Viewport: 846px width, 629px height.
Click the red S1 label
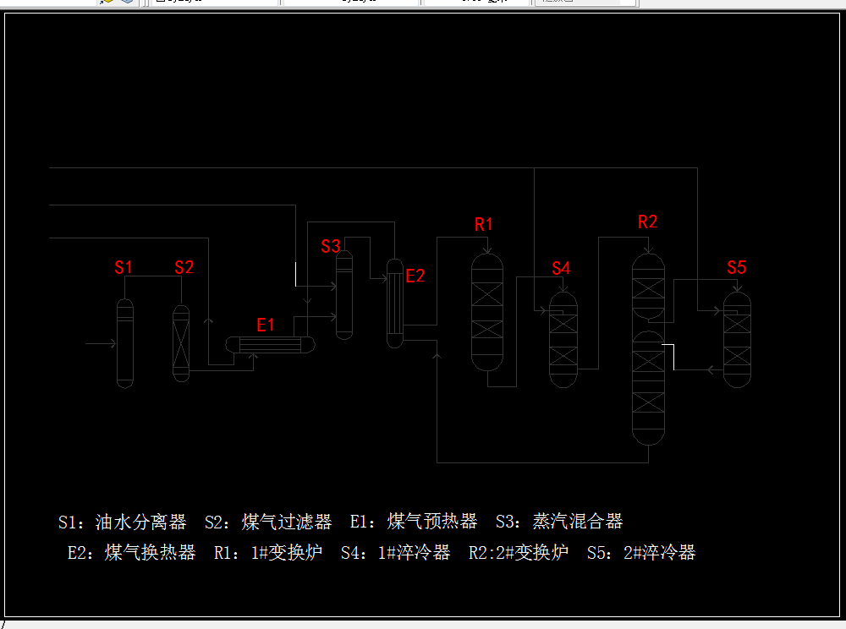(x=124, y=267)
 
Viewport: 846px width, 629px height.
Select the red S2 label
(x=184, y=267)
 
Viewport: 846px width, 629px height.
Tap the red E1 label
(x=266, y=325)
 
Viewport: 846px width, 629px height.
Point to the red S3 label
(x=331, y=246)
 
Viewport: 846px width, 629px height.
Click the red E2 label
(x=415, y=276)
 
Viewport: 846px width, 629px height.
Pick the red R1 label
(x=484, y=224)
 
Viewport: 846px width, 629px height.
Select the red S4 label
(x=562, y=268)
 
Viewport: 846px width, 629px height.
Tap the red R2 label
(x=647, y=222)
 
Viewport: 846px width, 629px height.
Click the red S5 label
(x=737, y=267)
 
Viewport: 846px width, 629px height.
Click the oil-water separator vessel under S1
(x=125, y=343)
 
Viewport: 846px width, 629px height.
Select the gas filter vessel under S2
(x=181, y=343)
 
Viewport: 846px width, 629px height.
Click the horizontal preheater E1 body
(x=270, y=345)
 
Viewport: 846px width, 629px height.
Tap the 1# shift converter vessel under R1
(x=486, y=313)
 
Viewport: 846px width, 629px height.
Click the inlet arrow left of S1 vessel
(x=101, y=343)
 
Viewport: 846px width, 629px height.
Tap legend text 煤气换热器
(x=151, y=553)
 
